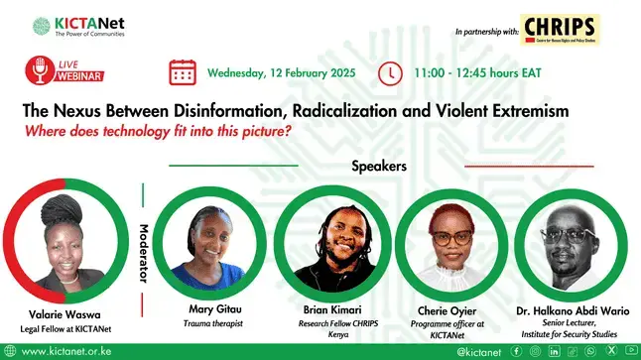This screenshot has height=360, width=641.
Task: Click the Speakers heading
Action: tap(379, 166)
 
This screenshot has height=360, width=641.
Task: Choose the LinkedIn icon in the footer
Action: tap(552, 350)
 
